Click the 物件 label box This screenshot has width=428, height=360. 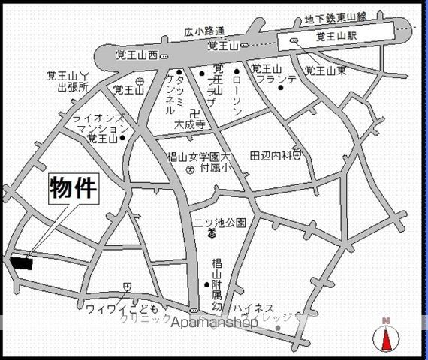tap(74, 187)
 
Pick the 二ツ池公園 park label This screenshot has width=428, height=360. tap(226, 222)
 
